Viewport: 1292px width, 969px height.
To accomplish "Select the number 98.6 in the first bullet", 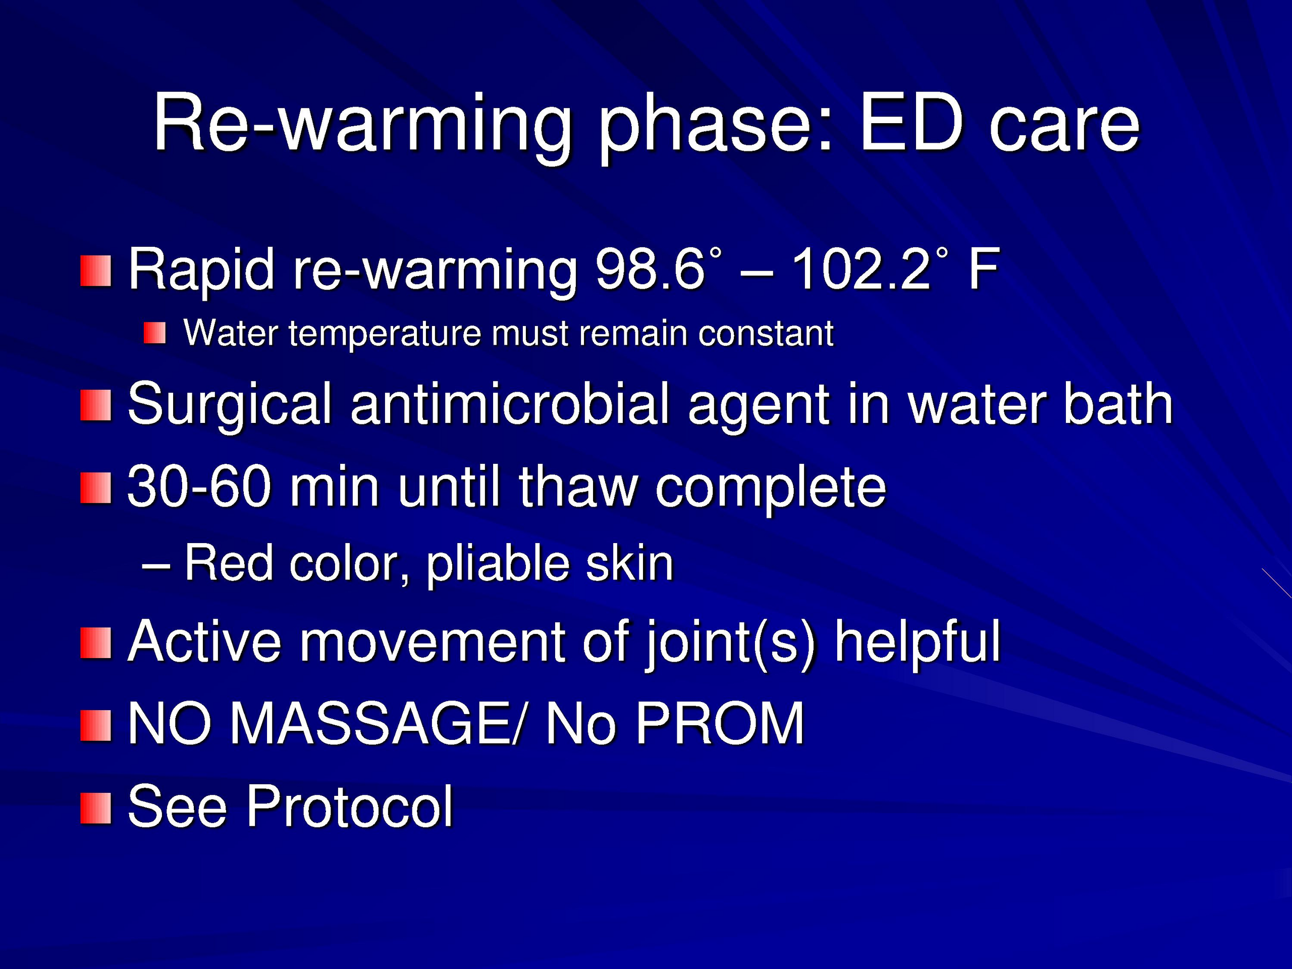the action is click(650, 268).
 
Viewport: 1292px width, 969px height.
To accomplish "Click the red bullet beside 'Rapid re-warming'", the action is click(96, 271).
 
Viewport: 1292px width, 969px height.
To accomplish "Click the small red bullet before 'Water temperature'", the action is click(155, 333).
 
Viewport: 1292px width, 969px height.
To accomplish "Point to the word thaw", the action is click(579, 486).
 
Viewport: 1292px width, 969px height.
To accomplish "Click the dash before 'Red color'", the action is click(156, 565).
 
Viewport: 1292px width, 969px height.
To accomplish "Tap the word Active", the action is click(204, 641).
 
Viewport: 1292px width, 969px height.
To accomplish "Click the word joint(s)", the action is click(730, 644).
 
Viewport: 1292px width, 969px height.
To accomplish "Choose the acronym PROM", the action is click(720, 724).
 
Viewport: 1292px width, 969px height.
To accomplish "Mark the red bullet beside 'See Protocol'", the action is click(96, 809).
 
